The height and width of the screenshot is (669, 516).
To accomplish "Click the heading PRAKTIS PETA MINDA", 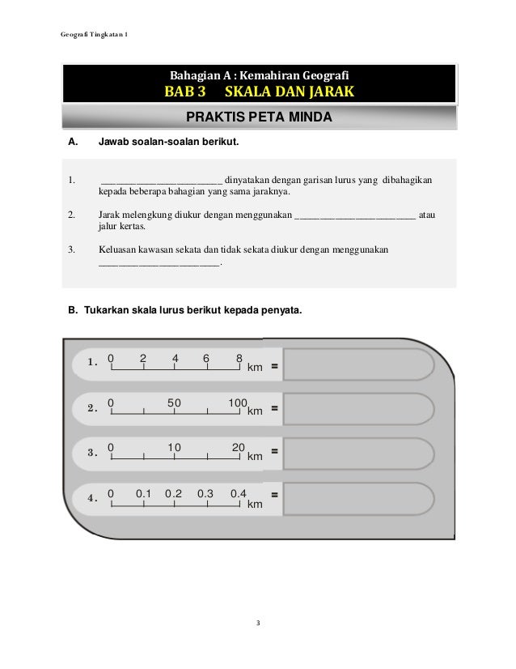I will (x=258, y=118).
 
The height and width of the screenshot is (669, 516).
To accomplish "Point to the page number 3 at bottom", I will (x=258, y=622).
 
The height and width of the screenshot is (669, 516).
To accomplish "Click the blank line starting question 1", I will (x=160, y=181).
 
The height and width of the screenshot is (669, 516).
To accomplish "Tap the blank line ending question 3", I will (x=159, y=264).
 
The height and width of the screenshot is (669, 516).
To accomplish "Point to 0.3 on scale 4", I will (x=205, y=492).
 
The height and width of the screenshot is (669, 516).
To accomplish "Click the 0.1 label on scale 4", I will (x=144, y=492).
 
